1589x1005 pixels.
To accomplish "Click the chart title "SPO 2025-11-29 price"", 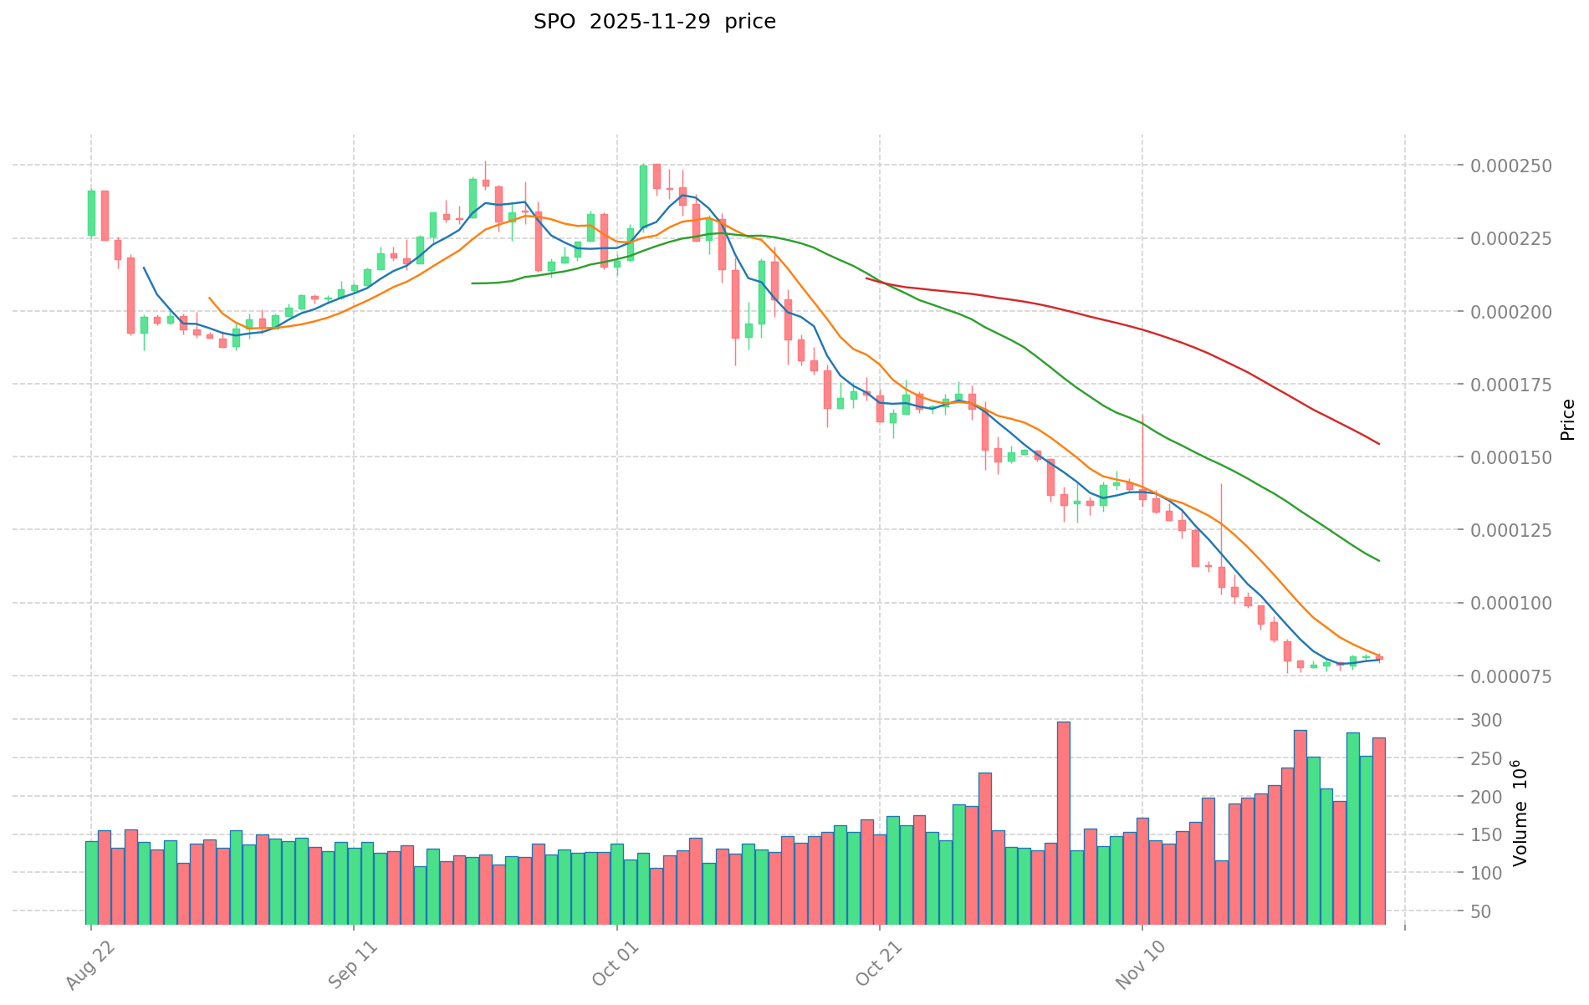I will (x=654, y=22).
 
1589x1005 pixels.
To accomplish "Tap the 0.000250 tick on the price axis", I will (x=1515, y=166).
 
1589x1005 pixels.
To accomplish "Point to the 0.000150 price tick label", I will (x=1515, y=457).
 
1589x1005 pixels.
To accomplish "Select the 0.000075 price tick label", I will (x=1515, y=676).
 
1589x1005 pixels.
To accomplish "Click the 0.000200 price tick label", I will (x=1515, y=312).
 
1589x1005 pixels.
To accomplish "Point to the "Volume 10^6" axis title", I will (x=1520, y=813).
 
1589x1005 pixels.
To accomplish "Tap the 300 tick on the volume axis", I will (x=1491, y=720).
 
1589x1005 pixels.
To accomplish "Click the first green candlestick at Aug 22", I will (x=91, y=213).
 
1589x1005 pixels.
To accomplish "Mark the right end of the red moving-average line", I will (x=1378, y=443).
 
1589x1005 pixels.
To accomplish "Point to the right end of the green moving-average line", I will (x=1378, y=560).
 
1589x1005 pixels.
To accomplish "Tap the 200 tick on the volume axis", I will (x=1491, y=797).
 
